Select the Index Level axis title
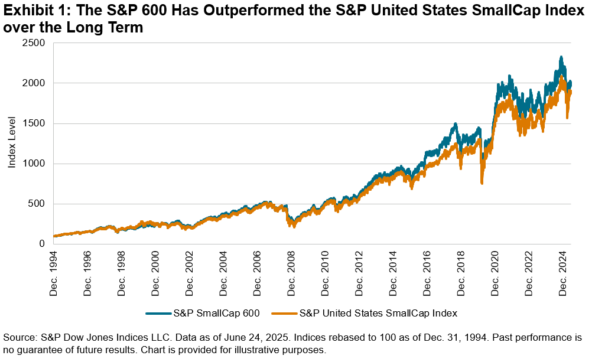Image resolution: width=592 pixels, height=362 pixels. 12,144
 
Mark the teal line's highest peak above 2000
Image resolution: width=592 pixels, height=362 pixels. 561,57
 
